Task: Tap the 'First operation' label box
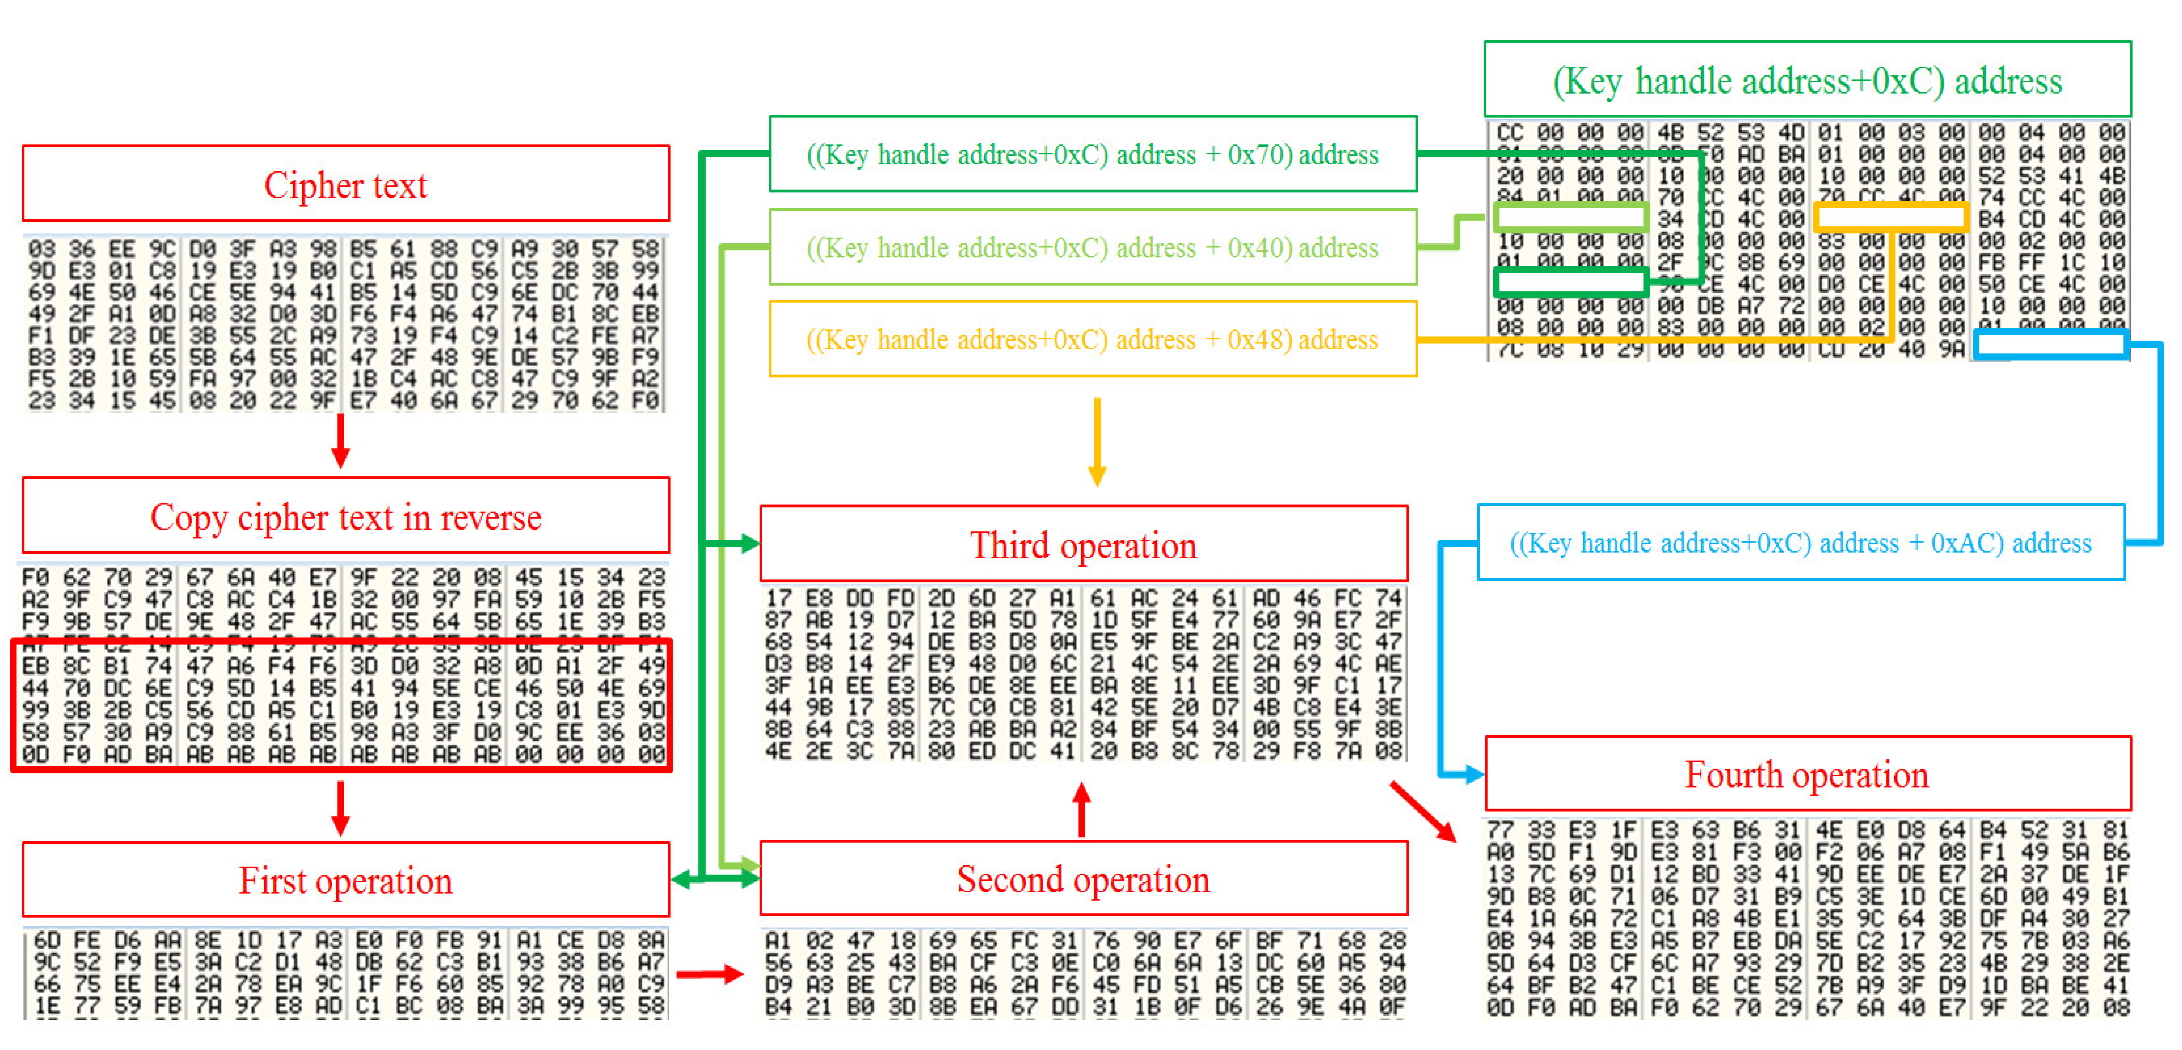[345, 880]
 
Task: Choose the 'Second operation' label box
[1083, 879]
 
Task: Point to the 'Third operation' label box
[1083, 544]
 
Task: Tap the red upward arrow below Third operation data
[1082, 809]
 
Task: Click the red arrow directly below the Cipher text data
[340, 440]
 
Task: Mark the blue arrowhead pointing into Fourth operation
[1472, 773]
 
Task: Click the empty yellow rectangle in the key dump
[1889, 218]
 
